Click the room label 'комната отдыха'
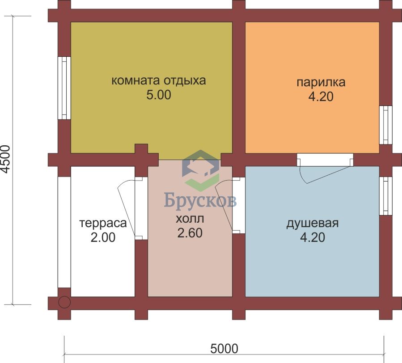(159, 80)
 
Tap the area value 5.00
(159, 95)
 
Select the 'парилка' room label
(321, 83)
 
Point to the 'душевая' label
(313, 223)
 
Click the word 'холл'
(190, 219)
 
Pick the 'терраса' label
(103, 223)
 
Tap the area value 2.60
(190, 233)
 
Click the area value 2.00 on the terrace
(103, 237)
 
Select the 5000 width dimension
(224, 349)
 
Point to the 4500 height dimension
(5, 159)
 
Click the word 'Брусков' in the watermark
(200, 200)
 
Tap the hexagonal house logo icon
(201, 171)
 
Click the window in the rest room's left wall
(64, 88)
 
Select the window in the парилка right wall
(385, 125)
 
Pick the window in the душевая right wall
(385, 196)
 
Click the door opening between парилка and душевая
(325, 160)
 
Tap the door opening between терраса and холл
(141, 208)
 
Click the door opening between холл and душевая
(239, 205)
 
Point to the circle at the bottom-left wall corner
(64, 303)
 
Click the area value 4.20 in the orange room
(321, 97)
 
